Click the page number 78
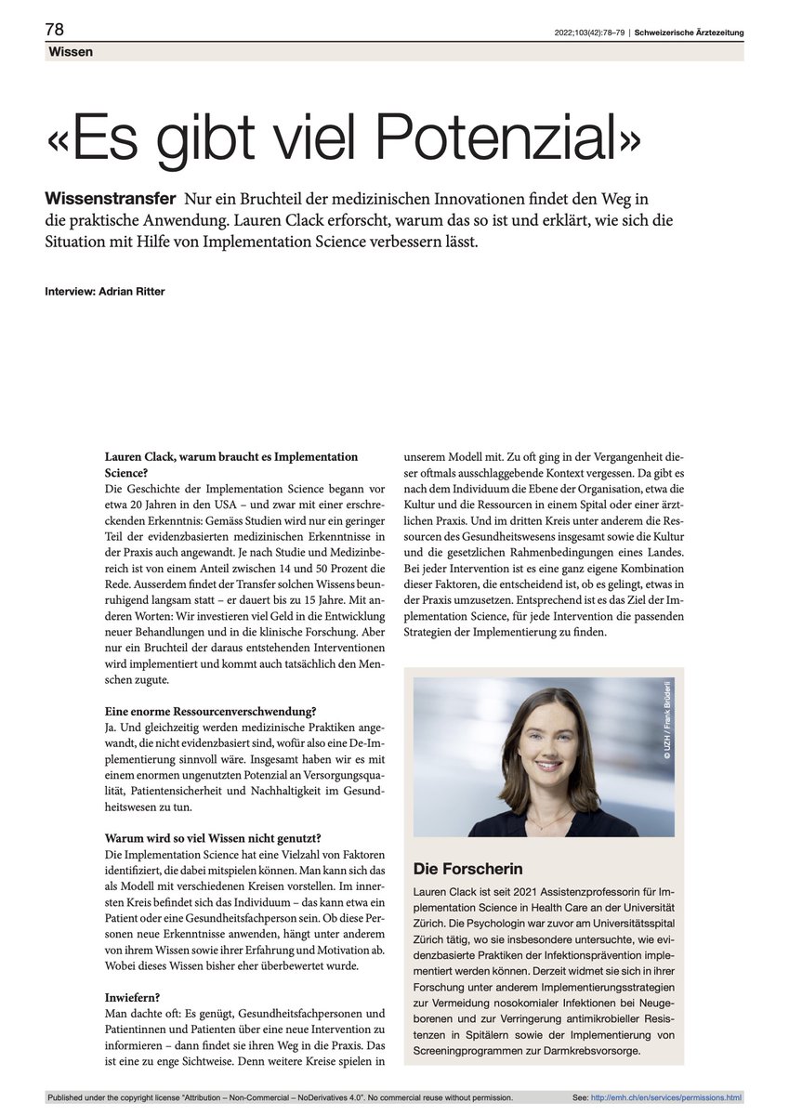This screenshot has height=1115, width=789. click(x=54, y=30)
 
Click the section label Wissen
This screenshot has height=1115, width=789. click(x=70, y=52)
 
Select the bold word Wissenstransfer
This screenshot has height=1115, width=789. click(x=111, y=199)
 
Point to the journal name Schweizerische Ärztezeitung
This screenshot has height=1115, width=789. click(x=689, y=33)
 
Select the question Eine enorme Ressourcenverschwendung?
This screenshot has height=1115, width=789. click(x=209, y=712)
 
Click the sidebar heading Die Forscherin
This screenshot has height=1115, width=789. click(x=467, y=869)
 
